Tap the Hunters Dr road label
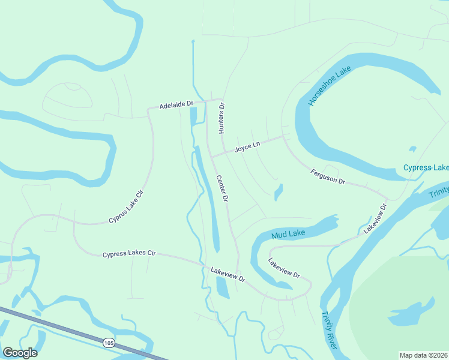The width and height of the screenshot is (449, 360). [221, 118]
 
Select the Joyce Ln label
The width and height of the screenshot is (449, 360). [247, 146]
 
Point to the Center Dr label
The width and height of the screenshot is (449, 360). [222, 188]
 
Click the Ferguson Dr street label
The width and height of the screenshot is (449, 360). [328, 176]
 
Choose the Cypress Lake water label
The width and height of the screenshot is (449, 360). [426, 167]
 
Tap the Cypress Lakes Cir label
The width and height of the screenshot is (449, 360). [129, 254]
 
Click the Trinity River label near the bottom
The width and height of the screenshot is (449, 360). [329, 330]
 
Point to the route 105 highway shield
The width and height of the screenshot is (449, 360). [108, 343]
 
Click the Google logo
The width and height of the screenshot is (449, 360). [20, 353]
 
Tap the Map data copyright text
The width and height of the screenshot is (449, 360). [423, 355]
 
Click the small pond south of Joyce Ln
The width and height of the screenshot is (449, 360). [279, 193]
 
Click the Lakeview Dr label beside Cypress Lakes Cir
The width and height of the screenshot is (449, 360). [228, 275]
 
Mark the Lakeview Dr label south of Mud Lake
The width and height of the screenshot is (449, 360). [284, 268]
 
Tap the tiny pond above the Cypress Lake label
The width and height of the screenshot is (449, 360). [412, 149]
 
